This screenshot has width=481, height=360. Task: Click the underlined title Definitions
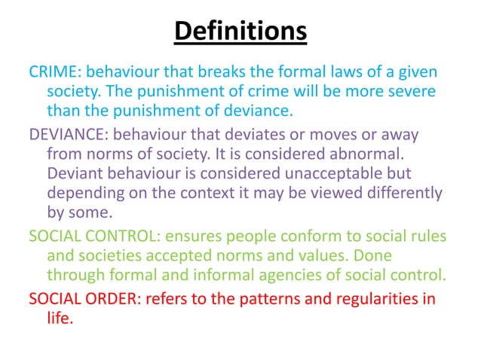pyautogui.click(x=240, y=32)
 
